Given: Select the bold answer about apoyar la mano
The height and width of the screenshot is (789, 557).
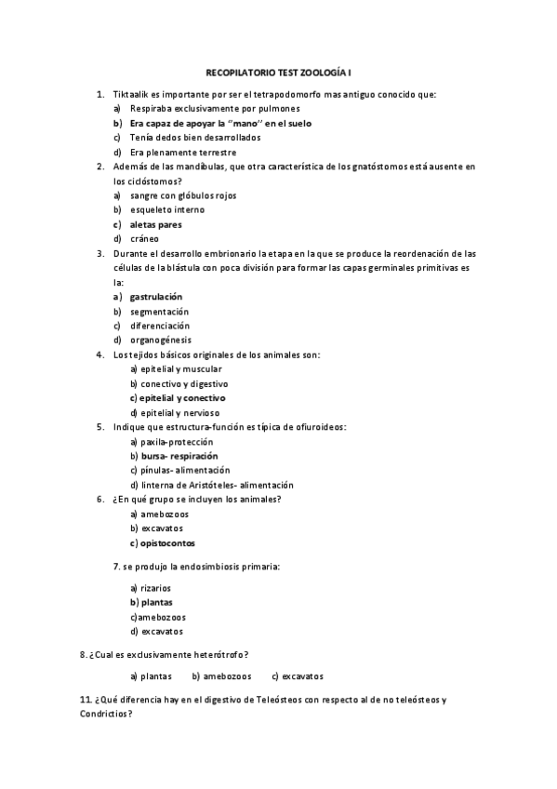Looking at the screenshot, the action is coord(220,123).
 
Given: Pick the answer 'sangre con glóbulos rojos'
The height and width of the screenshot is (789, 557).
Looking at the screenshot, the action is coord(183,195).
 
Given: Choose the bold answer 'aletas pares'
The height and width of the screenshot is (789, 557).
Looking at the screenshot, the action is coord(155,224).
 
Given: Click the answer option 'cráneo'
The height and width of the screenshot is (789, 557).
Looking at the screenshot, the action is coord(145,238).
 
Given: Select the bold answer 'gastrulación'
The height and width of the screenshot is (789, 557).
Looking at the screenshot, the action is coord(156,297).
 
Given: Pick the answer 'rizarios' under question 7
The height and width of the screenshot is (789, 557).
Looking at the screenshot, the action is coord(155,587).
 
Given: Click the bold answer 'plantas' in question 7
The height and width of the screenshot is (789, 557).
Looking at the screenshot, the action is coord(156,602).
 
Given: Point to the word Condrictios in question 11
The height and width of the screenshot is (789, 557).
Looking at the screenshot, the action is coord(105,714).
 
